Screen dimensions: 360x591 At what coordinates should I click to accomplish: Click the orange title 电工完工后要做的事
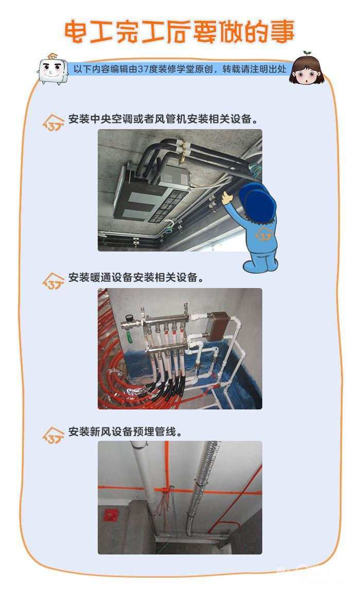[179, 32]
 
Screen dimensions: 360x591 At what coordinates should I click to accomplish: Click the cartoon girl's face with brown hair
[307, 70]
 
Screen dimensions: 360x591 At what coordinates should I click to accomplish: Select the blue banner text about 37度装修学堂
[180, 69]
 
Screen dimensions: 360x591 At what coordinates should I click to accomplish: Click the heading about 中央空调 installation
[164, 119]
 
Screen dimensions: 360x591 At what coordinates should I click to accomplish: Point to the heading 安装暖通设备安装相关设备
[136, 277]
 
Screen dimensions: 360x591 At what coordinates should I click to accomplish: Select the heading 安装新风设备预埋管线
[125, 432]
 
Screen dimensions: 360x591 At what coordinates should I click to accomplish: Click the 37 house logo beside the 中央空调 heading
[53, 123]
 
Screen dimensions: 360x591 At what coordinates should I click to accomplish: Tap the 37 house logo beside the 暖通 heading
[53, 281]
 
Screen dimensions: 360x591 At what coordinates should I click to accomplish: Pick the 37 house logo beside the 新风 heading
[53, 435]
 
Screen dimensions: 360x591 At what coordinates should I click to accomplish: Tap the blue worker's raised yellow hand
[227, 198]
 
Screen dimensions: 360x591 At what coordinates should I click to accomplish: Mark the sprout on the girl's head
[308, 53]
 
